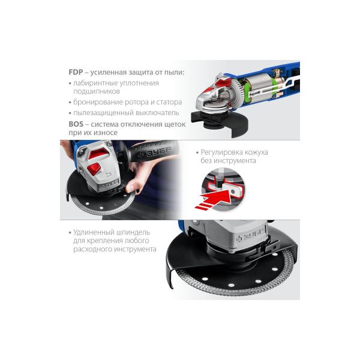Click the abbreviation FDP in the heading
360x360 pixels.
[x=76, y=72]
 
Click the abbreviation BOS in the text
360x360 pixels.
[x=76, y=124]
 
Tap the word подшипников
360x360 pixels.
[x=97, y=91]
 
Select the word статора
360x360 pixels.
[x=169, y=102]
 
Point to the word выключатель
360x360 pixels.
[x=157, y=113]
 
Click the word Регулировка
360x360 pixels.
[x=221, y=152]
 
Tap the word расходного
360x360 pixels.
[x=93, y=249]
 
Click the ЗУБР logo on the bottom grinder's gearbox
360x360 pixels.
[x=250, y=236]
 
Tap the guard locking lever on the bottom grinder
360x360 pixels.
[x=272, y=247]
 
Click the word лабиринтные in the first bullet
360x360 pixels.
[x=94, y=83]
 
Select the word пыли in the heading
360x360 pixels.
[x=174, y=73]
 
